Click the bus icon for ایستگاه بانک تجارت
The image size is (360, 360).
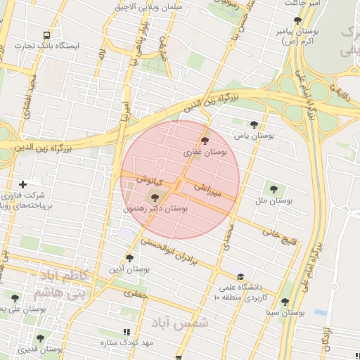coord(46,34)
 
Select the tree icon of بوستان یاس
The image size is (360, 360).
coord(254,124)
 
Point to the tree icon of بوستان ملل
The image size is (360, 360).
coord(273,188)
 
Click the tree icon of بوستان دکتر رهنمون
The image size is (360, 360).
coord(155,198)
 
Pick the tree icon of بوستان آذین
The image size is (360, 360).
coord(129,257)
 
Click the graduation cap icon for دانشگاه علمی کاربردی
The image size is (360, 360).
coord(240,277)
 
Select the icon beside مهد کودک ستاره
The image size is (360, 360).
coord(127,332)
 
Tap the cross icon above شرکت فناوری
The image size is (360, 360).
coord(23,184)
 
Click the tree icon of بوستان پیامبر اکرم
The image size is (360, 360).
coord(297,21)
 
